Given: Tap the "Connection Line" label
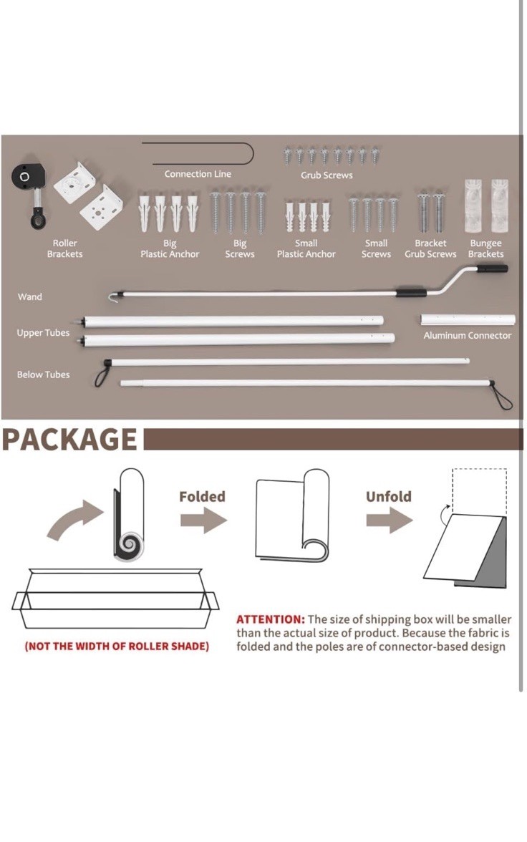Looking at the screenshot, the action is click(x=198, y=174).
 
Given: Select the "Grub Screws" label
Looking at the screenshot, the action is click(x=327, y=175).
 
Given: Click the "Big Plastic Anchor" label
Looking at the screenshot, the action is click(x=170, y=248).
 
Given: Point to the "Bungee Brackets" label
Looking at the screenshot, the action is click(x=485, y=248).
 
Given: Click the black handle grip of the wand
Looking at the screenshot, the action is click(x=491, y=268).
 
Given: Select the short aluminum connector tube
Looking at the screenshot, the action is click(x=468, y=319).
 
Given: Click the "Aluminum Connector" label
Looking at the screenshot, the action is click(x=468, y=336).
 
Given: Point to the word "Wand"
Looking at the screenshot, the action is click(x=29, y=296).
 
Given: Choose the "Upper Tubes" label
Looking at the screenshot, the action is click(x=43, y=333).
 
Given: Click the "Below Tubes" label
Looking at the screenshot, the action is click(x=43, y=374).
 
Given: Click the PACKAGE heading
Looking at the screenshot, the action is click(x=70, y=440).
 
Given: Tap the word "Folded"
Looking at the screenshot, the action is click(x=202, y=497).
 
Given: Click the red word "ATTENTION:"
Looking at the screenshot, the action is click(x=271, y=619).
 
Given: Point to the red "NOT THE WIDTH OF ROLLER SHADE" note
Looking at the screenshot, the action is click(x=117, y=646).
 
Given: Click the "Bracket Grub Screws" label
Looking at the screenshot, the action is click(x=430, y=248).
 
